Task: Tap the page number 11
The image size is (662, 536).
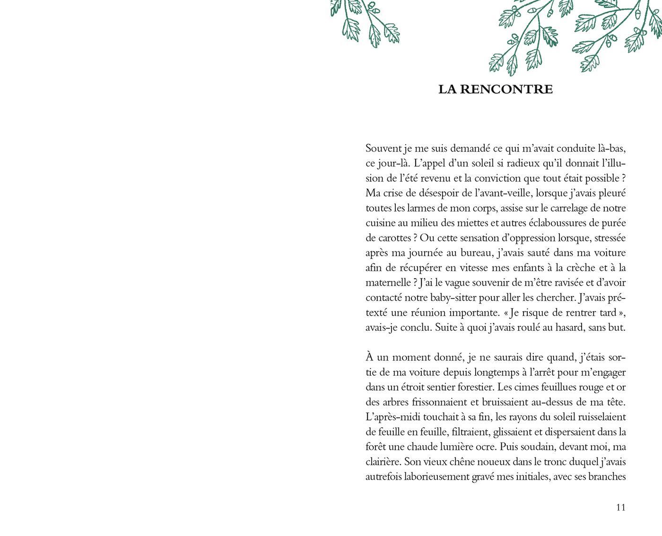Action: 621,507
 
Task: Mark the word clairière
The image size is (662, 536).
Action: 383,462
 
